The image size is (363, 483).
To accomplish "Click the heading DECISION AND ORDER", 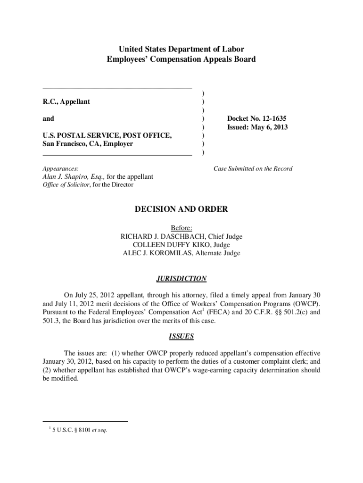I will (x=181, y=209).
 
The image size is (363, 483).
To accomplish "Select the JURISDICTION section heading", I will (x=181, y=279).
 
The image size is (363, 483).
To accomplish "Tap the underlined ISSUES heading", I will (x=181, y=337).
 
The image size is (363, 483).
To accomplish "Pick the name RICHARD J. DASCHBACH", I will (x=168, y=236).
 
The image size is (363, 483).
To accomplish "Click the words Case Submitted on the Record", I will (x=253, y=168).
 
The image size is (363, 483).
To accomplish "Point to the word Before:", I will (x=181, y=228).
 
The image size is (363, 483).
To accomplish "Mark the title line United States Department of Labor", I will (x=181, y=49).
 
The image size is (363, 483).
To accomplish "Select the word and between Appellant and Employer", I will (x=48, y=118).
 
